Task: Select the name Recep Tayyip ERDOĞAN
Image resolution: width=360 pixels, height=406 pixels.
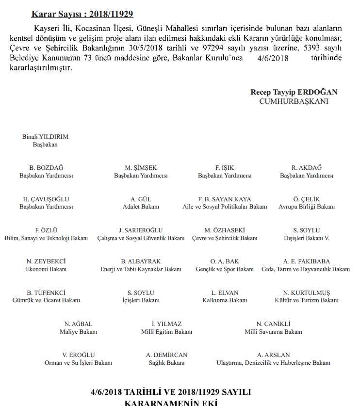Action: coord(294,92)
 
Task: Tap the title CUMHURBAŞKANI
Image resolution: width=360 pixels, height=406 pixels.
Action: coord(294,101)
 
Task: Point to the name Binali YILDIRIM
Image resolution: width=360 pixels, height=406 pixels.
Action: coord(45,137)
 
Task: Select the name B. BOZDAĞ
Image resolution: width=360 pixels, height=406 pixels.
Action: coord(46,168)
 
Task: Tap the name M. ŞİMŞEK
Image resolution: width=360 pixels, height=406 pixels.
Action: coord(141,168)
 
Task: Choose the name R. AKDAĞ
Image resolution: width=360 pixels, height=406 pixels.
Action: coord(307,168)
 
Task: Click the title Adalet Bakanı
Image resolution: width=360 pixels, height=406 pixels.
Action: coord(141,207)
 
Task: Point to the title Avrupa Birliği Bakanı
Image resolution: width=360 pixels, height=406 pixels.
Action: coord(307,207)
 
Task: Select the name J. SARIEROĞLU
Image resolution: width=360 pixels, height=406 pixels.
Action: coord(141,230)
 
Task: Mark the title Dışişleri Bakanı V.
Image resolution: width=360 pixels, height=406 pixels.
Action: coord(307,238)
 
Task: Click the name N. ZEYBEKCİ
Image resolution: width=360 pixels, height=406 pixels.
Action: coord(46,261)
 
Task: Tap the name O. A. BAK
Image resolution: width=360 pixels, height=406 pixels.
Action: coord(225,261)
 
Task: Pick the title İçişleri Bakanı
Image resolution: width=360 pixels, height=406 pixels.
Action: coord(141,300)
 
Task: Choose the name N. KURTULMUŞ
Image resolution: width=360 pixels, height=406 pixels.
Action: coord(307,292)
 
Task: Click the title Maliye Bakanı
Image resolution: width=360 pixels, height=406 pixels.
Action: coord(78,332)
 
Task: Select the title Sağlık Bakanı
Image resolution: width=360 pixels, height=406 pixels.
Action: coord(166,363)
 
